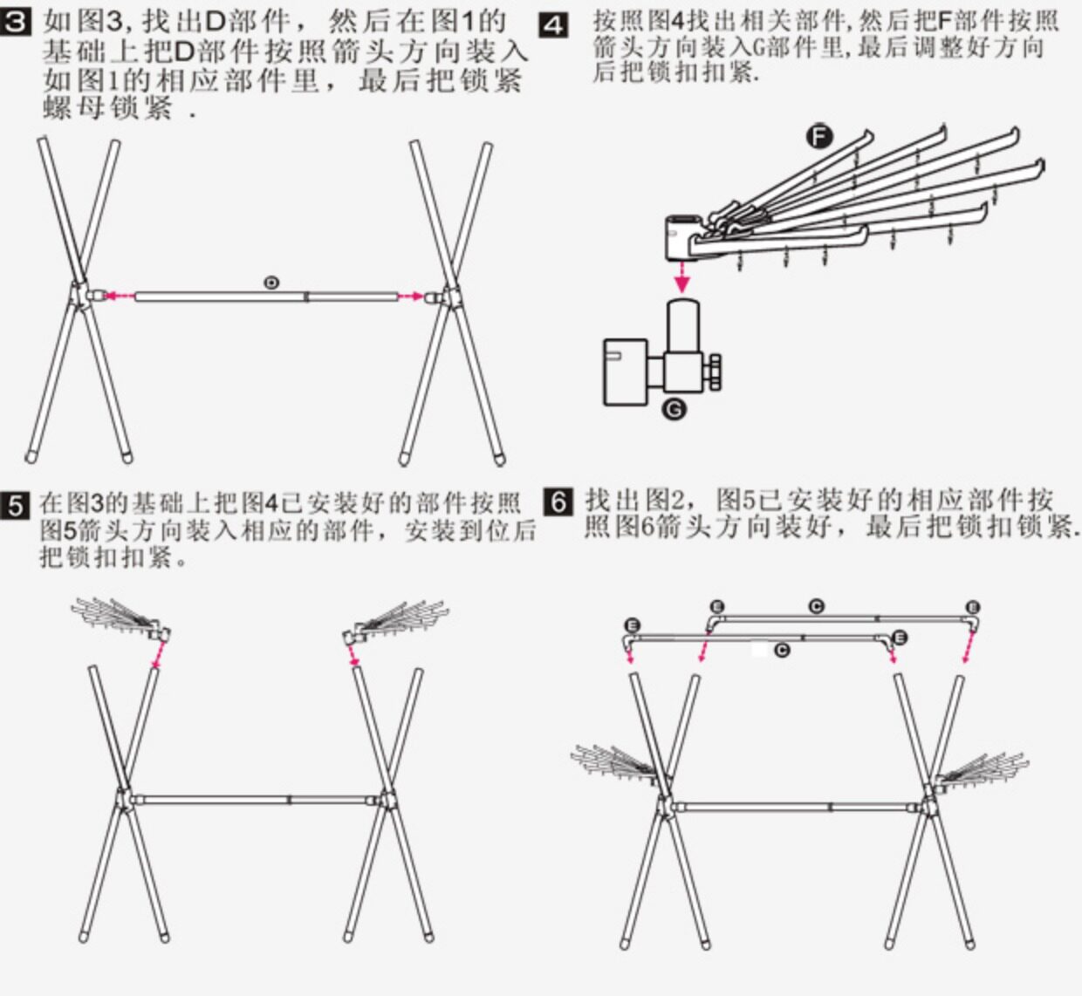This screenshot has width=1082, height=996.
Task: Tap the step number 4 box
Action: click(x=553, y=24)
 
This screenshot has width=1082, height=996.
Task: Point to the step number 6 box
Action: click(x=558, y=503)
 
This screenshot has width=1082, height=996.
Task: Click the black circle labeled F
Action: click(x=818, y=137)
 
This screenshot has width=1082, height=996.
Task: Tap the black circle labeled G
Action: click(x=674, y=409)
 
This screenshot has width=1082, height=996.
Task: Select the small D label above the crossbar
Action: click(x=272, y=282)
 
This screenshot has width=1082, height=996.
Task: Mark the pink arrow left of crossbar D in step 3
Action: click(x=113, y=297)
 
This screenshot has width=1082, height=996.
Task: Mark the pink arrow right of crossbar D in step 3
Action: click(x=410, y=297)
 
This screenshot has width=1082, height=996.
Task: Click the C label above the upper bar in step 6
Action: click(x=816, y=606)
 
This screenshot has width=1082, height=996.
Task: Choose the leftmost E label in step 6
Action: click(x=633, y=625)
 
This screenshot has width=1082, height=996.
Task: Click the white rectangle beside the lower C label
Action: click(x=762, y=650)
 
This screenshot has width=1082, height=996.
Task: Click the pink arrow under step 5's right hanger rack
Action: click(x=353, y=656)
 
